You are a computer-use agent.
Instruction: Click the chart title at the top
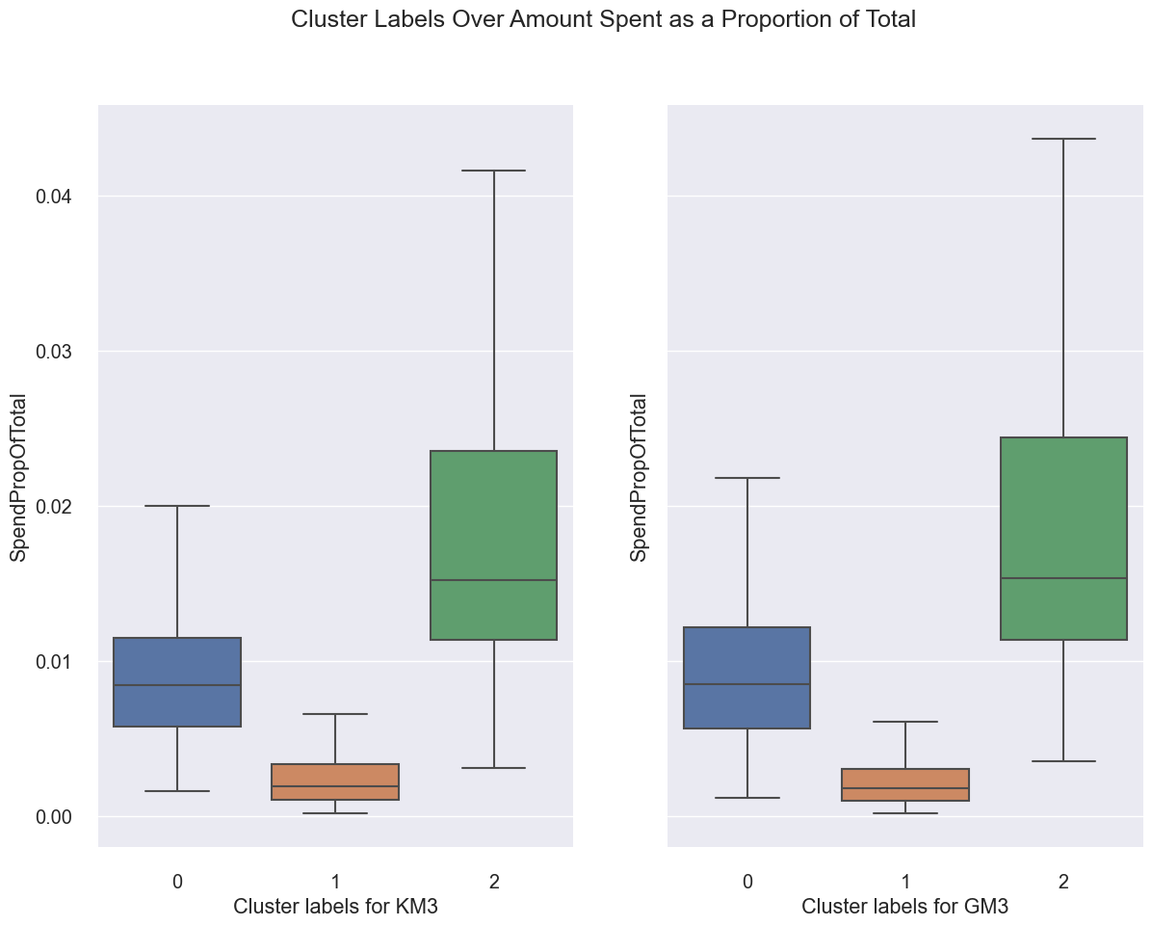click(x=603, y=19)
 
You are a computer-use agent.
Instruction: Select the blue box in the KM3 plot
click(x=177, y=682)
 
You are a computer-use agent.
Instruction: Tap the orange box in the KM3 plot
click(x=335, y=781)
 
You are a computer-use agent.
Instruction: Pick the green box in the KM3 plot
click(x=493, y=545)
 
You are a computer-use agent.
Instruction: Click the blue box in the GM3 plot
click(x=747, y=677)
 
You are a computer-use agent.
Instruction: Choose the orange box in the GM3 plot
click(x=905, y=784)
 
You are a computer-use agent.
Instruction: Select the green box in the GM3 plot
click(x=1063, y=539)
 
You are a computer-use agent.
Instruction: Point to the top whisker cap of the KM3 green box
click(x=493, y=171)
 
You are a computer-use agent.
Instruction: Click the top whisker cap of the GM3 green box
click(x=1063, y=139)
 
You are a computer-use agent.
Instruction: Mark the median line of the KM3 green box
click(x=493, y=580)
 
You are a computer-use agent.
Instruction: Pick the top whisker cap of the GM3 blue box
click(x=747, y=478)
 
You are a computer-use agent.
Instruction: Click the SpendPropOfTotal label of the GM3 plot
click(x=640, y=477)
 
